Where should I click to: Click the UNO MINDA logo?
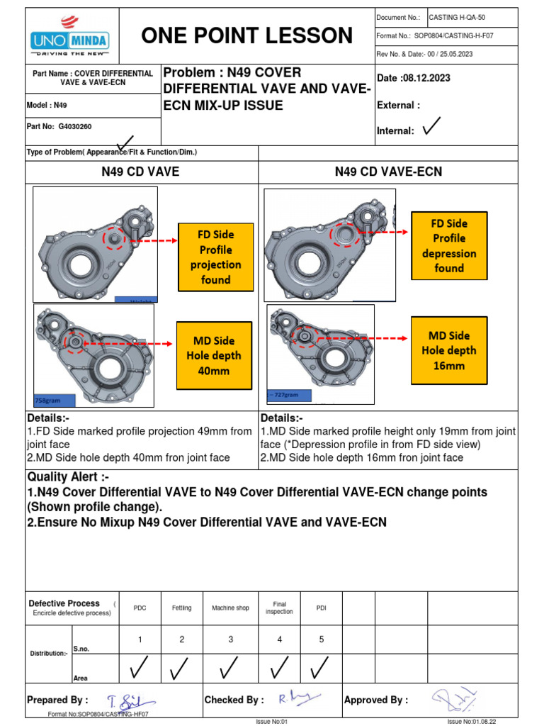click(72, 38)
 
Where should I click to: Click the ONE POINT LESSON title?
click(247, 35)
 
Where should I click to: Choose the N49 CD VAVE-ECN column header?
click(388, 171)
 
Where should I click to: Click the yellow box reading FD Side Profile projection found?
click(215, 257)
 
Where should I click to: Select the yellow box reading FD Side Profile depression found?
click(448, 245)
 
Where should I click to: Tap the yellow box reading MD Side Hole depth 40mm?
click(215, 356)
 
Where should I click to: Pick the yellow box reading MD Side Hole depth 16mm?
click(448, 350)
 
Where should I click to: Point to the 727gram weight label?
click(285, 393)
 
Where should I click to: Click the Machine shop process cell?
click(230, 608)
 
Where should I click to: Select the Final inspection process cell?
click(279, 608)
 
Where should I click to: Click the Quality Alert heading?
click(68, 477)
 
